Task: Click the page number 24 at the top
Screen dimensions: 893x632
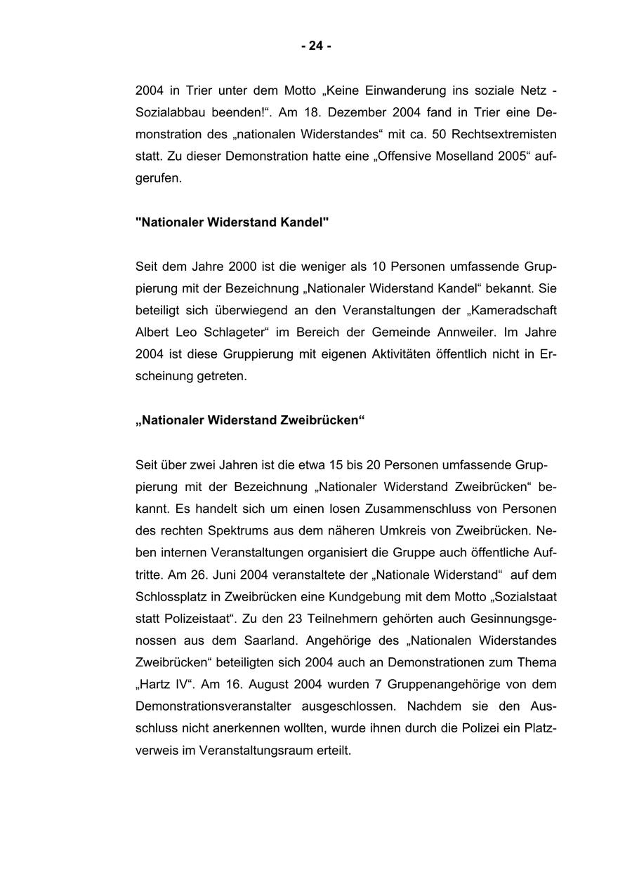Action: pyautogui.click(x=316, y=46)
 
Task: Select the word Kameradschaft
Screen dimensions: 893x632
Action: pyautogui.click(x=513, y=310)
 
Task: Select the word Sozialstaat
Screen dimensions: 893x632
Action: pyautogui.click(x=527, y=596)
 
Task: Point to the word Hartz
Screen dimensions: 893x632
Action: pyautogui.click(x=153, y=685)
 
